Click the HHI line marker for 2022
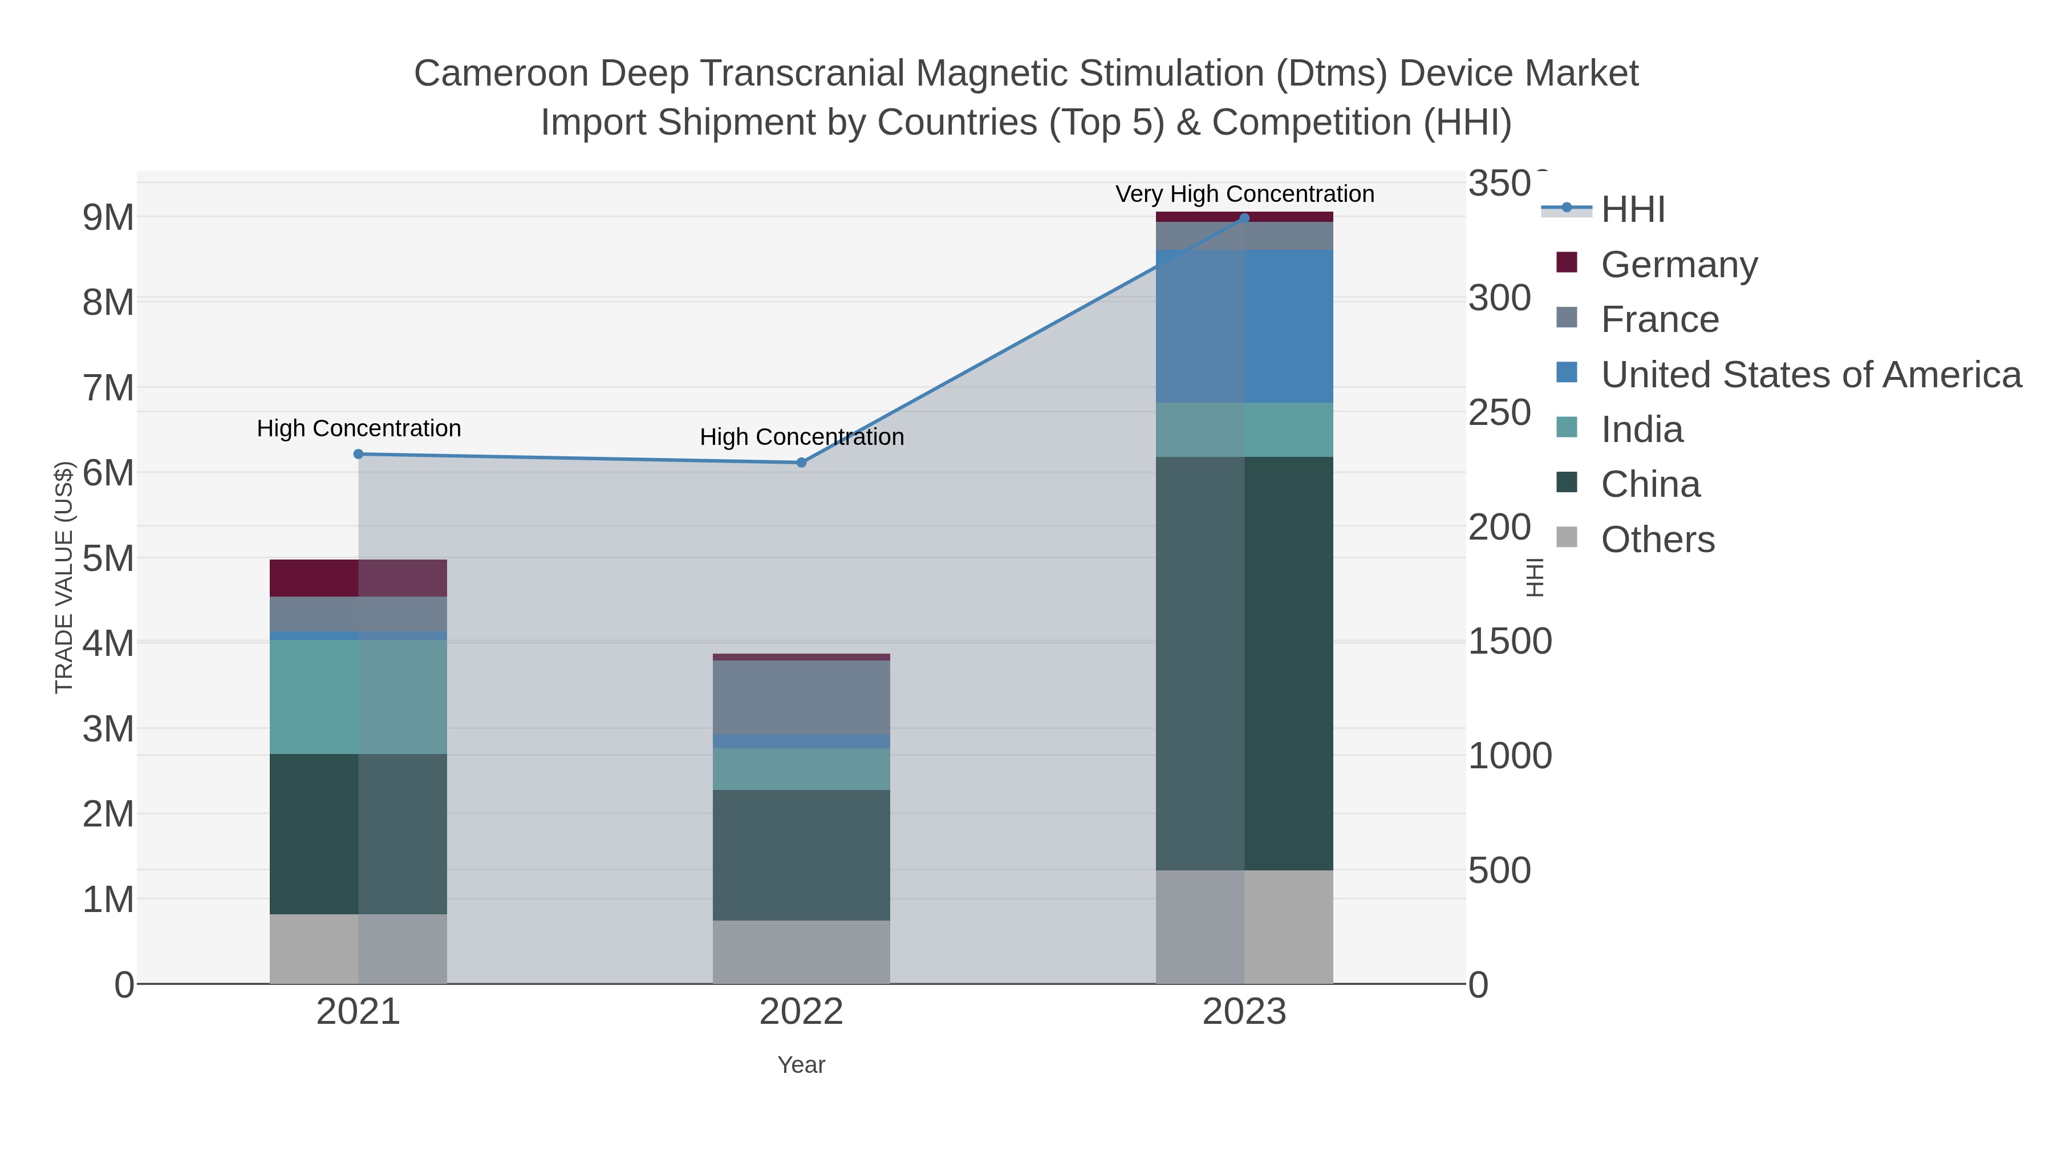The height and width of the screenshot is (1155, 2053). tap(801, 463)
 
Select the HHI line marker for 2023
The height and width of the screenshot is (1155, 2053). tap(1244, 218)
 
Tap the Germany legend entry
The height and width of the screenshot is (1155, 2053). tap(1678, 265)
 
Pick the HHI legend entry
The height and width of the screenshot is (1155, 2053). tap(1632, 210)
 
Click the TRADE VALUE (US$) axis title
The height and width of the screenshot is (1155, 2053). tap(64, 577)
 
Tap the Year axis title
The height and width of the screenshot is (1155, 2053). tap(801, 1065)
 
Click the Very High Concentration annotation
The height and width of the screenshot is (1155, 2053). tap(1244, 194)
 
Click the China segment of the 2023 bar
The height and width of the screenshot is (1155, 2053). tap(1244, 662)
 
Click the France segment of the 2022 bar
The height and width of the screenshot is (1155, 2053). tap(801, 698)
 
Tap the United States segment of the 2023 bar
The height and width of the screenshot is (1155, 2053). tap(1244, 326)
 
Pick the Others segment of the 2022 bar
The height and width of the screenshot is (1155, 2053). tap(801, 952)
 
